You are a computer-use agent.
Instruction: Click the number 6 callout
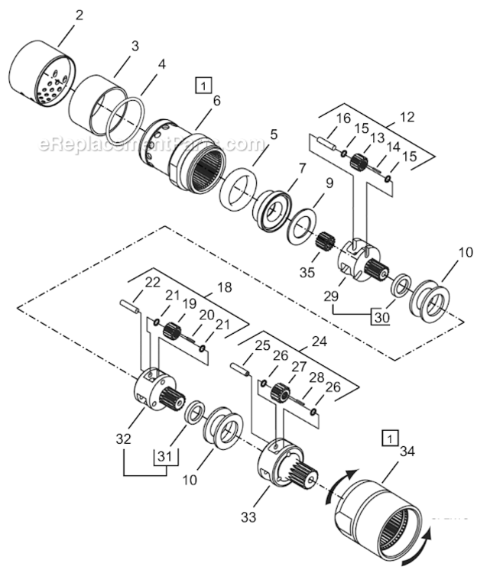(217, 100)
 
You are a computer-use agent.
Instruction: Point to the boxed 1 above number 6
(203, 85)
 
